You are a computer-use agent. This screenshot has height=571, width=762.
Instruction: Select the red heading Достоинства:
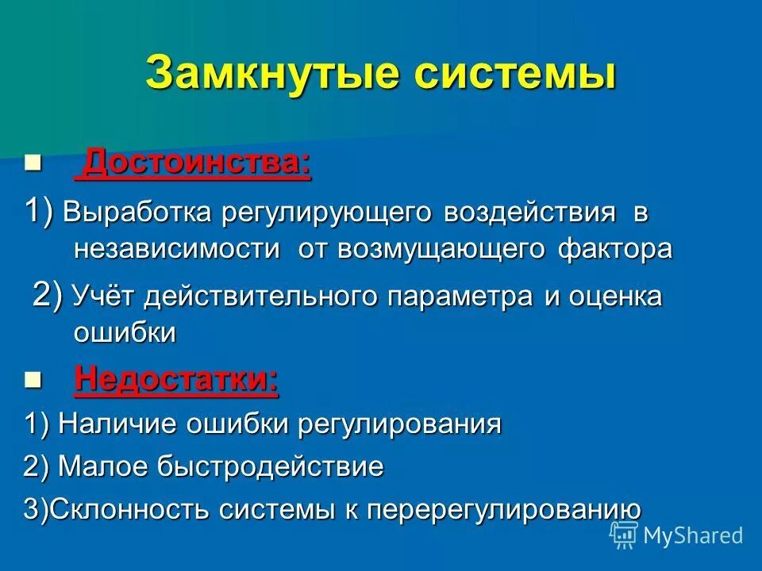197,164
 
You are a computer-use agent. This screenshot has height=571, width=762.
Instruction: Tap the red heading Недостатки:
176,380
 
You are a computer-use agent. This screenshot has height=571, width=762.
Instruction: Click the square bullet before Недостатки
32,381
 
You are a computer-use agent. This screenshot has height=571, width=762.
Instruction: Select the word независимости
177,249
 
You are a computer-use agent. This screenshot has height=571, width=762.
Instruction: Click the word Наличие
118,424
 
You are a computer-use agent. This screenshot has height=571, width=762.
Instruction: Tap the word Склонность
126,509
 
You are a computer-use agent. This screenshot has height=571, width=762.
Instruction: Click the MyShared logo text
692,535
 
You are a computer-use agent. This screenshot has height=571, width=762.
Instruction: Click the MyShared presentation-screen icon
623,535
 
